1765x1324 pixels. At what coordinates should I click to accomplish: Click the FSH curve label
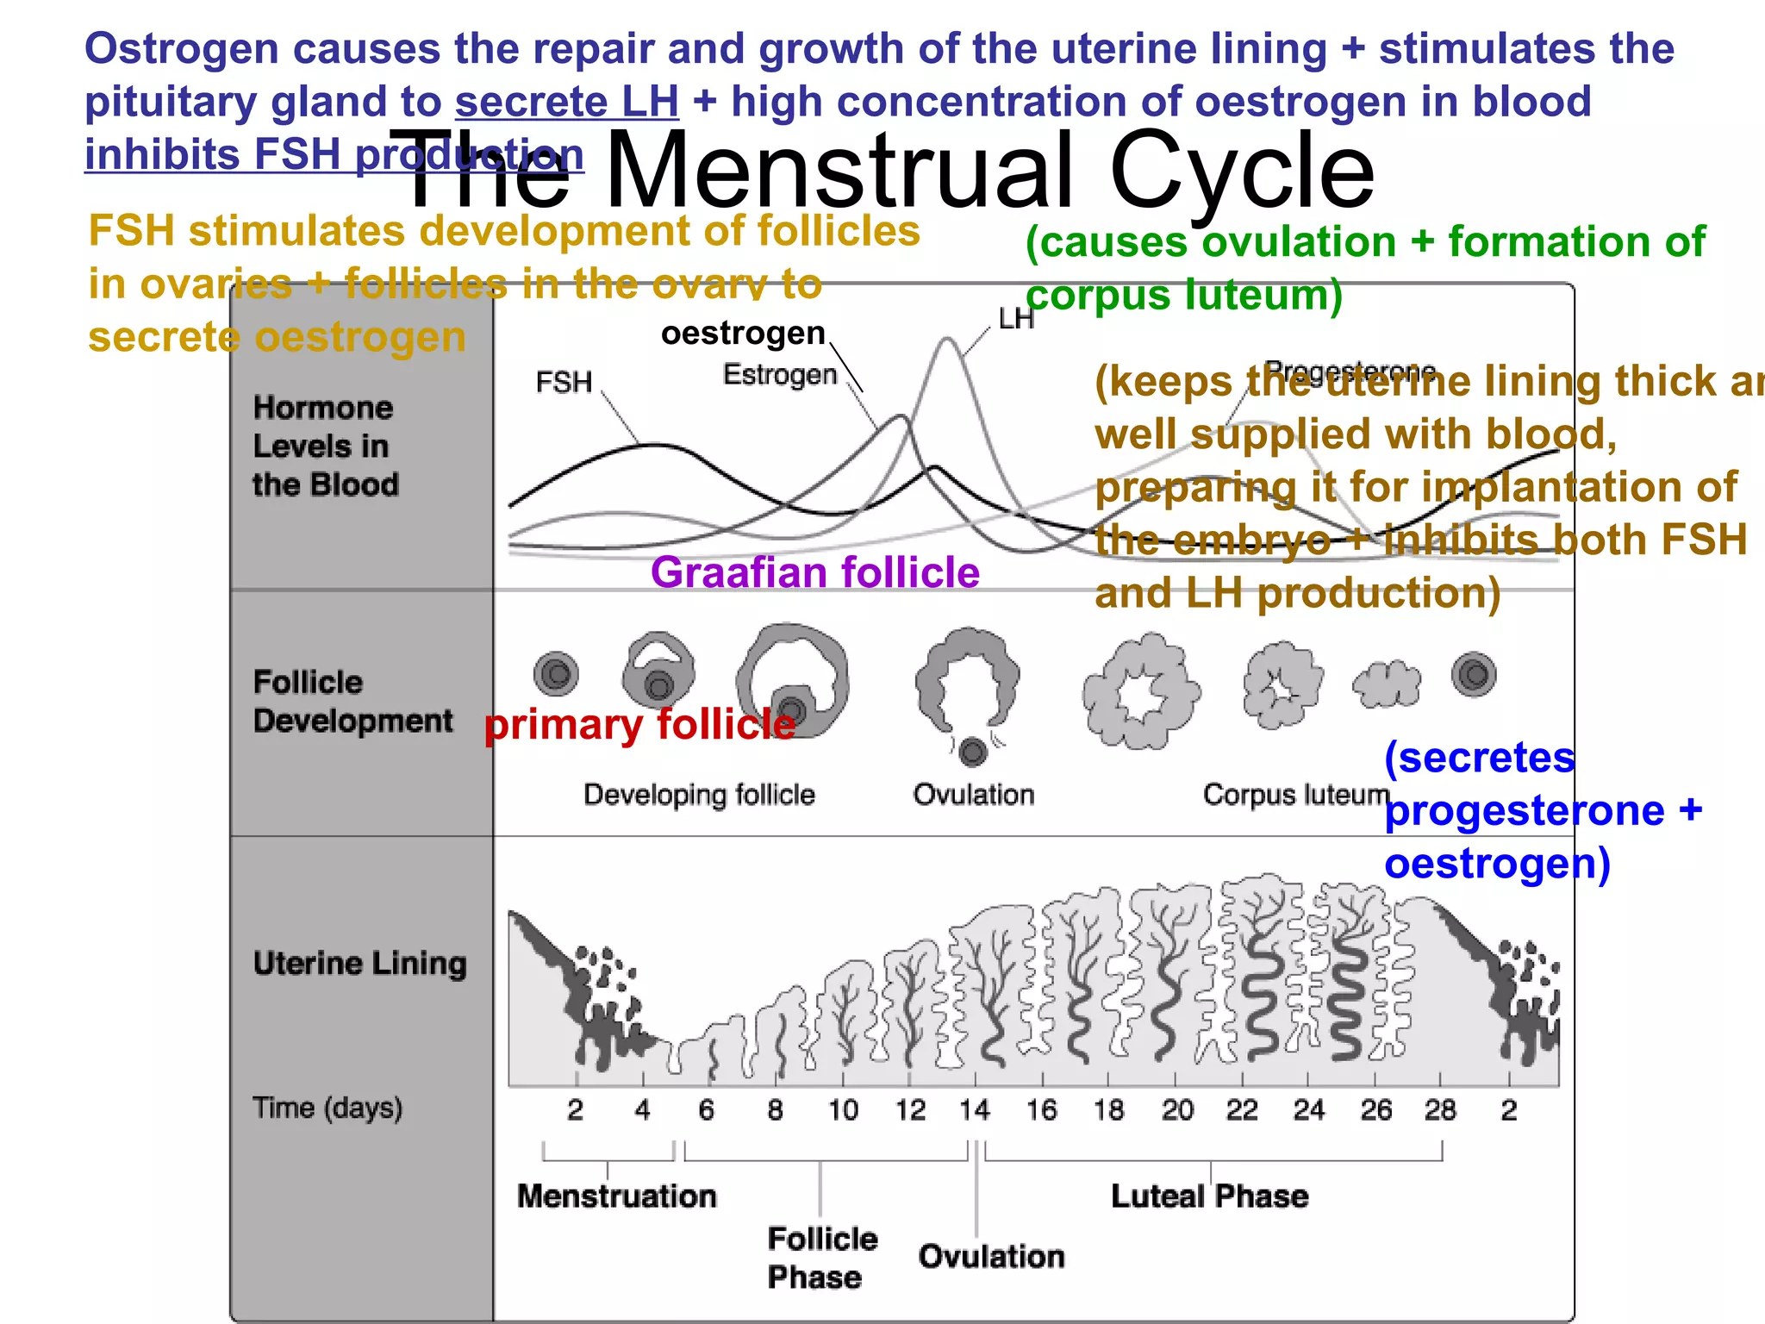pyautogui.click(x=564, y=382)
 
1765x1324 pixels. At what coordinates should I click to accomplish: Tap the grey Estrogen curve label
pyautogui.click(x=780, y=375)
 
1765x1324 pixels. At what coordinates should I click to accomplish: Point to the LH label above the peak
pyautogui.click(x=1015, y=320)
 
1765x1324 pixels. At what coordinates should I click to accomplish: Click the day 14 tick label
pyautogui.click(x=975, y=1109)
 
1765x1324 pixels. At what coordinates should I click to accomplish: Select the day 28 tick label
pyautogui.click(x=1440, y=1109)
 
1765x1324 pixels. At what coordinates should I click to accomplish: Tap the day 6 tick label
pyautogui.click(x=707, y=1109)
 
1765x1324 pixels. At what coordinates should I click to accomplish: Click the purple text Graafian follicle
pyautogui.click(x=814, y=572)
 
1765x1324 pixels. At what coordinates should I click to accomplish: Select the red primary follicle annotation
pyautogui.click(x=639, y=724)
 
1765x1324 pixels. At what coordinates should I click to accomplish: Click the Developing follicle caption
pyautogui.click(x=699, y=794)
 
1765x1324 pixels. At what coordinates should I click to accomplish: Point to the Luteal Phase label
pyautogui.click(x=1209, y=1196)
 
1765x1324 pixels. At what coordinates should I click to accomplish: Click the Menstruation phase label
pyautogui.click(x=617, y=1196)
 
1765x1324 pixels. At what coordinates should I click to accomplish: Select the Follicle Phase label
pyautogui.click(x=822, y=1258)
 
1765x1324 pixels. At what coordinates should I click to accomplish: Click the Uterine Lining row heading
pyautogui.click(x=359, y=963)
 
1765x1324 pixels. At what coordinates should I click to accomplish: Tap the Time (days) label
pyautogui.click(x=327, y=1108)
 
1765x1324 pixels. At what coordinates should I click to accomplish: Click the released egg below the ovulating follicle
pyautogui.click(x=973, y=752)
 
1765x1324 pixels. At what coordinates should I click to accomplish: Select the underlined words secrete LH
pyautogui.click(x=567, y=102)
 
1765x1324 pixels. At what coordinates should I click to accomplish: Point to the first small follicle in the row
pyautogui.click(x=556, y=674)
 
